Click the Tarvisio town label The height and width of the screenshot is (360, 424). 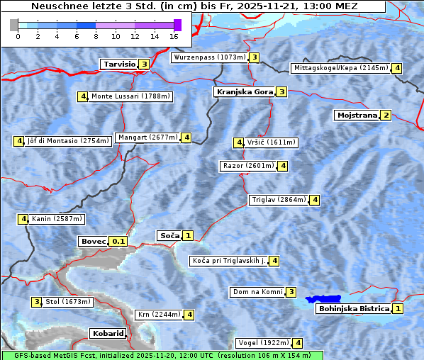click(119, 64)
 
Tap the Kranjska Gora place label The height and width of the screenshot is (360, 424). click(243, 91)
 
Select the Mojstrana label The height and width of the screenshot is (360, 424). click(357, 115)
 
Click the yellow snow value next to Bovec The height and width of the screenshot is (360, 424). click(118, 241)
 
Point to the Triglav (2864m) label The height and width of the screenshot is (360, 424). click(279, 200)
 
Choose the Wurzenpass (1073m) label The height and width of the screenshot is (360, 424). click(210, 57)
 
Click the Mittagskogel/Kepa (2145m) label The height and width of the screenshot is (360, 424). click(340, 68)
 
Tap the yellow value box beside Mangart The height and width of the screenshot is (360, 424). click(186, 137)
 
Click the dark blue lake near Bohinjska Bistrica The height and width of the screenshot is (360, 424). click(323, 300)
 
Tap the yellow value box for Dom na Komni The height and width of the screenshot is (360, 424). click(291, 292)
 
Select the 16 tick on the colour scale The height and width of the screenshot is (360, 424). click(174, 36)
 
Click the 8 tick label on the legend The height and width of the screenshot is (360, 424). click(96, 36)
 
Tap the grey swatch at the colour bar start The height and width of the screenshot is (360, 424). click(14, 25)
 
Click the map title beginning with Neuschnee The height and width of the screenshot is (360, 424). click(194, 6)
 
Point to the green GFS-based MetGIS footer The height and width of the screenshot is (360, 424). click(162, 355)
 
